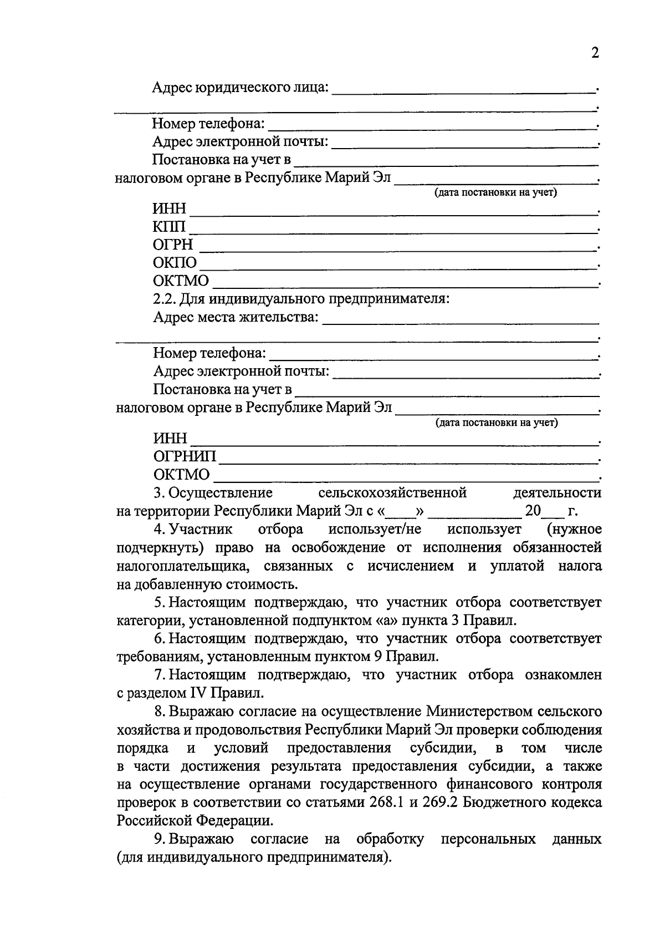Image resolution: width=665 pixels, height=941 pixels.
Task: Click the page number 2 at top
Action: (595, 53)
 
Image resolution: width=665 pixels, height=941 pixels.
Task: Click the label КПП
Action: (170, 227)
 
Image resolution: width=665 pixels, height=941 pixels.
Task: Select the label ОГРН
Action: (173, 245)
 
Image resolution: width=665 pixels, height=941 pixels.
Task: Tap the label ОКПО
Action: (175, 263)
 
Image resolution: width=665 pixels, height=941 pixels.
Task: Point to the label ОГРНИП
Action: (185, 457)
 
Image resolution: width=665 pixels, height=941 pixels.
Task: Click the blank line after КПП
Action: (391, 231)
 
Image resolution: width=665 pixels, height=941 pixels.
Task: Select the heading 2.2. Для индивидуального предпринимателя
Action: (301, 299)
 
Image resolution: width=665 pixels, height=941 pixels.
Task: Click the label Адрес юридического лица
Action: (240, 88)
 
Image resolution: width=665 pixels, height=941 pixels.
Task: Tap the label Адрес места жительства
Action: (236, 317)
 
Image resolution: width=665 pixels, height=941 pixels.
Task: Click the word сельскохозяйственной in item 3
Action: (393, 492)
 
